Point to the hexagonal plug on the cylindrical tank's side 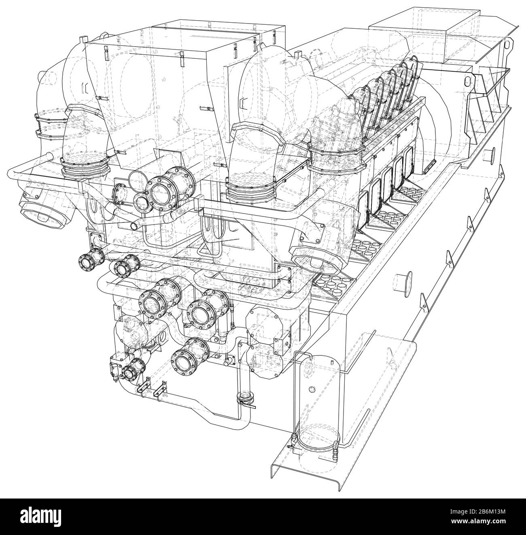(x=312, y=389)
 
